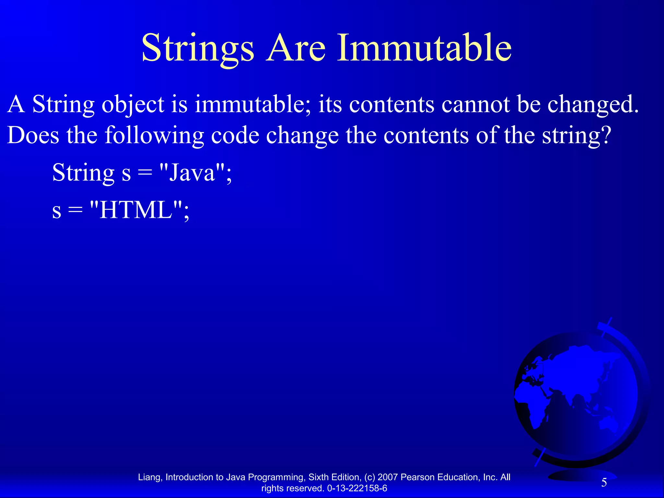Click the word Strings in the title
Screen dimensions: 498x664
coord(198,49)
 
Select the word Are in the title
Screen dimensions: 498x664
coord(295,49)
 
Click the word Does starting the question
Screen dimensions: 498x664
coord(33,135)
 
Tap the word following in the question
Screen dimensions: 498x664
coord(154,136)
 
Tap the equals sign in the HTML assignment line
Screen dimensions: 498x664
coord(75,211)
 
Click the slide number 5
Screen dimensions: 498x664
coord(604,483)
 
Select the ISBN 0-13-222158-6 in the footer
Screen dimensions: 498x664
coord(357,488)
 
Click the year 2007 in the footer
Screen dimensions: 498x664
coord(388,477)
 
